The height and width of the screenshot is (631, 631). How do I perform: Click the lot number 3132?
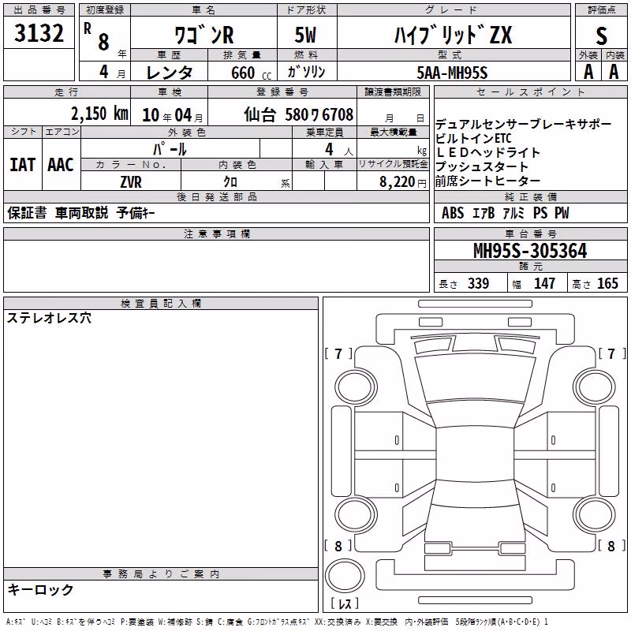[39, 32]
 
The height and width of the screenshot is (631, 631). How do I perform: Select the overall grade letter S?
[601, 35]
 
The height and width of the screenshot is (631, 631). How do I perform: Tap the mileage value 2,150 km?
[99, 114]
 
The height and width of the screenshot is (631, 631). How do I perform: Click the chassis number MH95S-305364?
[530, 251]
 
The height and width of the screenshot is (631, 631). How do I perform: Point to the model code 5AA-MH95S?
[452, 73]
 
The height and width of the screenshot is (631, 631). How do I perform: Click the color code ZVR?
[131, 182]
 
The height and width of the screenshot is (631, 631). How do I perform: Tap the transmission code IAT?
[23, 165]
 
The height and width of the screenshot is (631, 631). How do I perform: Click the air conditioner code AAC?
[61, 165]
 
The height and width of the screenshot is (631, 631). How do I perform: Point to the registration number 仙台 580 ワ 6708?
[299, 114]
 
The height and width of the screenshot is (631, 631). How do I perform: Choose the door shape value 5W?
[305, 35]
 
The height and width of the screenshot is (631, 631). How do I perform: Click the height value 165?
[607, 283]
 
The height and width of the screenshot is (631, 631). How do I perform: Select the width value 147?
[544, 283]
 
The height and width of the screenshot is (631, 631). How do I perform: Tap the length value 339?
[478, 283]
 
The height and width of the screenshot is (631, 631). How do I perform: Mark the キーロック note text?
[41, 589]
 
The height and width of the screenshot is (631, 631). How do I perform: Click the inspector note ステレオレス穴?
[49, 318]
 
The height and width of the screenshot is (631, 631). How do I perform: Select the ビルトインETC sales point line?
[473, 139]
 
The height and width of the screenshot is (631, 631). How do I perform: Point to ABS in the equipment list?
[453, 213]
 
